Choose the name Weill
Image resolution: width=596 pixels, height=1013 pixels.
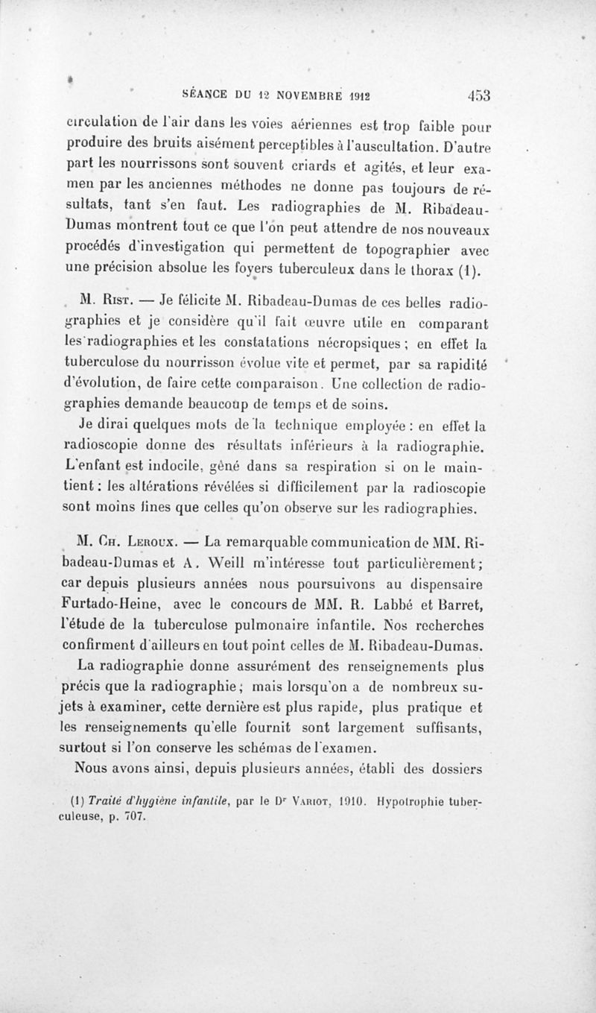click(212, 560)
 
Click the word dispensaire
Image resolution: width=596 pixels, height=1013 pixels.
click(446, 581)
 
